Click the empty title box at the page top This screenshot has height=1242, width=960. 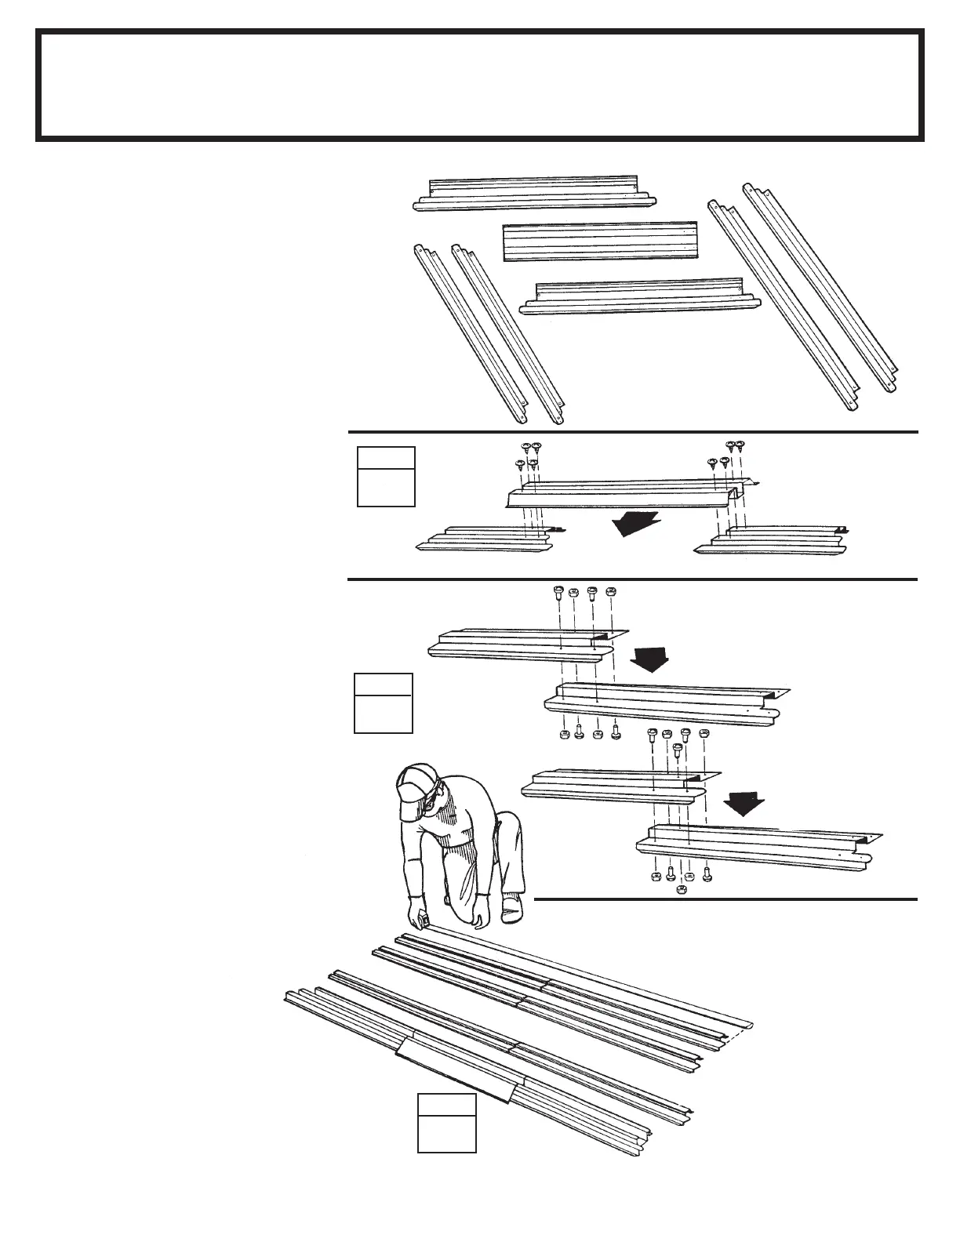tap(479, 85)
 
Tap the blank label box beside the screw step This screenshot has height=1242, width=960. tap(386, 477)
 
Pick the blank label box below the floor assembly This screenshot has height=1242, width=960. tap(446, 1123)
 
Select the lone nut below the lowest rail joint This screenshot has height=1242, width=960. tap(681, 891)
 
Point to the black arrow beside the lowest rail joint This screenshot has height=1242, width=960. tap(744, 801)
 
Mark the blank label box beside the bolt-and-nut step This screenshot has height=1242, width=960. tap(383, 703)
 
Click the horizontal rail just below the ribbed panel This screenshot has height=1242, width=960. tap(639, 298)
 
